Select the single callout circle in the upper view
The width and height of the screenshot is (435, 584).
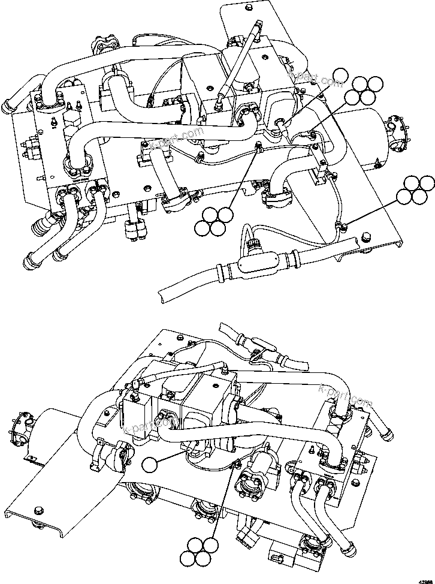tap(340, 77)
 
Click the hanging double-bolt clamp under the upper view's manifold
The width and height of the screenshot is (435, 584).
tap(134, 229)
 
